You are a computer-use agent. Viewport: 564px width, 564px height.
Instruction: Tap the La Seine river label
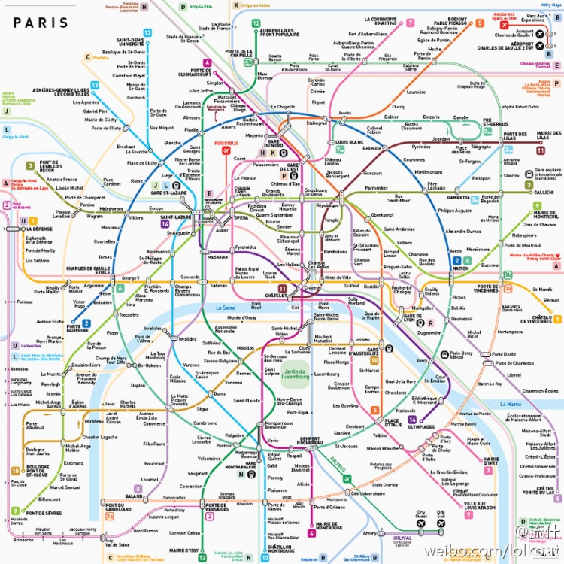pos(226,308)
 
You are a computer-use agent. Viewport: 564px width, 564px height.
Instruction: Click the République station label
pos(328,205)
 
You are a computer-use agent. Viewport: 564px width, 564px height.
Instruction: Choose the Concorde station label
pos(190,277)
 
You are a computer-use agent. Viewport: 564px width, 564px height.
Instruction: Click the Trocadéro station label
pos(129,315)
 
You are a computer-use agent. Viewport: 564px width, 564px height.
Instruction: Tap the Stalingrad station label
pos(317,123)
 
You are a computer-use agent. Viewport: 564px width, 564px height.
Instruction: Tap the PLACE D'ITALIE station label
pos(393,423)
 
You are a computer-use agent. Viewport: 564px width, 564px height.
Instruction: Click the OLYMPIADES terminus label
pos(421,426)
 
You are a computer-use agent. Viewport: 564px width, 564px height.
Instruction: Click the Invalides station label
pos(153,329)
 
